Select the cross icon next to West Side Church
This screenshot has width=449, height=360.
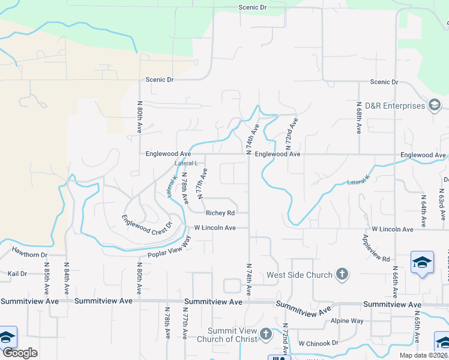coord(342,275)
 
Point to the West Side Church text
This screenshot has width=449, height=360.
coord(300,275)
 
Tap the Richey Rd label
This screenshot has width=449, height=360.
coord(219,212)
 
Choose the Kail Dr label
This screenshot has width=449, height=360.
coord(17,274)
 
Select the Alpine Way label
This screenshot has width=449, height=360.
coord(348,321)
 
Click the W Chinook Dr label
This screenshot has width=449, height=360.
coord(318,343)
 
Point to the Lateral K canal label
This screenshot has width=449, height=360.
coord(171,187)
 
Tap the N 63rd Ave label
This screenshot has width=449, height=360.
coord(440,208)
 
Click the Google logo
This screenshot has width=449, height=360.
coord(19,352)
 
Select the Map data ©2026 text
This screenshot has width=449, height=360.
coord(423,355)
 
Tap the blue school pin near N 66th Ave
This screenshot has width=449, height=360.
coord(423,262)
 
